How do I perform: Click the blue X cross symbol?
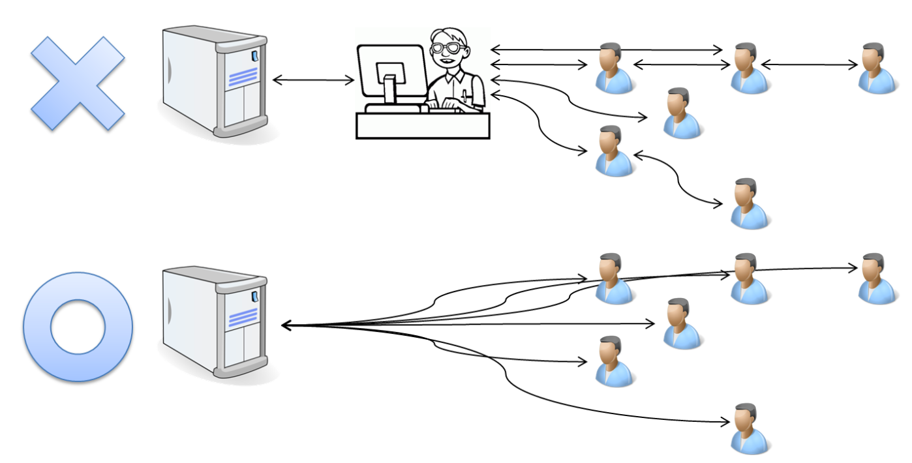[77, 82]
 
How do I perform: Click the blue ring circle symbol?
[78, 327]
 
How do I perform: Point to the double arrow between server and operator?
[313, 80]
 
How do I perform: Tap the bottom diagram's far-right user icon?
[875, 278]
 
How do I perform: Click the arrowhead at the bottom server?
[285, 325]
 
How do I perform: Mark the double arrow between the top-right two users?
[809, 65]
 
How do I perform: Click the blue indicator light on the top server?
[254, 56]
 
